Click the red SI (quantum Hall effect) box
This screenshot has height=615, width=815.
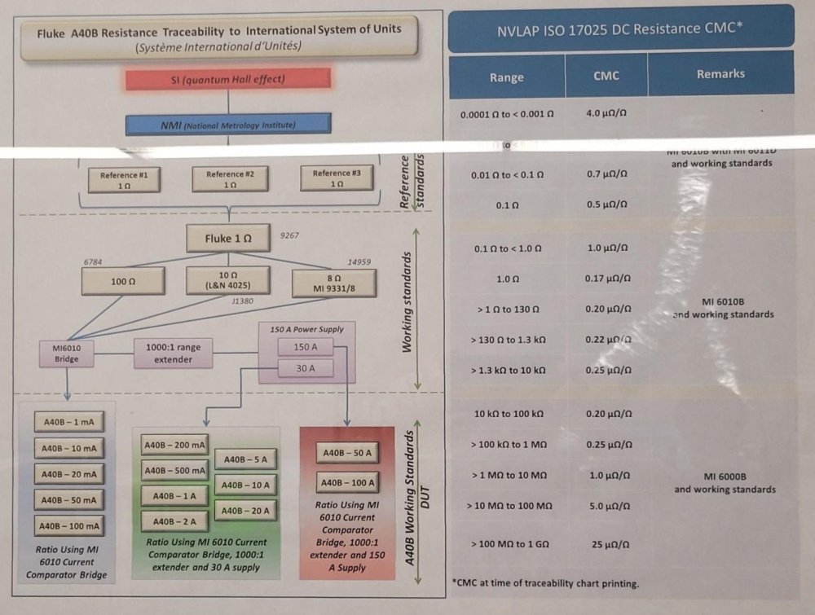pos(228,78)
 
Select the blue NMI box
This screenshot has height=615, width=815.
pos(228,125)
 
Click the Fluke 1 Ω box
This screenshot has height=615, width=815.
pos(228,239)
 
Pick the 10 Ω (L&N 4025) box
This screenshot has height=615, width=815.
pos(228,280)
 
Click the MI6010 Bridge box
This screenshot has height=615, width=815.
pos(68,353)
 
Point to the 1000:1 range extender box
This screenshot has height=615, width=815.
pos(174,353)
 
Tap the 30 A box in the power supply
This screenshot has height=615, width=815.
pos(306,368)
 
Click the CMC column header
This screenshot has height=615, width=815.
pos(606,76)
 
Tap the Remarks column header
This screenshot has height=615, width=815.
pos(720,74)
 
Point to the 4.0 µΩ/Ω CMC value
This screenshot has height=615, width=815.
pos(606,113)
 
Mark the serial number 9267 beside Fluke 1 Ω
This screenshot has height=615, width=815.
pos(289,236)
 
